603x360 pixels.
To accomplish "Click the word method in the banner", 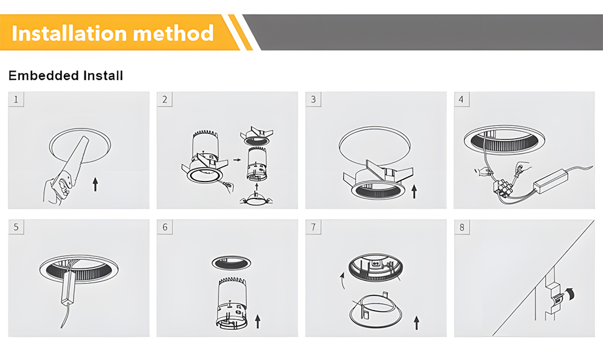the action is [173, 33].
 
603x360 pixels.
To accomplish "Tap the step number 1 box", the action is [16, 99].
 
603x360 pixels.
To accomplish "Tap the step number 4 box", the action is [461, 99].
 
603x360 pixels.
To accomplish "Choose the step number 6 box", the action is [165, 227].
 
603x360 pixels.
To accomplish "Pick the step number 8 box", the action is [462, 227].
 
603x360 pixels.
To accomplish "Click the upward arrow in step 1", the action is [95, 184].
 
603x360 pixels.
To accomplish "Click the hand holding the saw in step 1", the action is [57, 190].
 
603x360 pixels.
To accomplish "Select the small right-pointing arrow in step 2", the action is [237, 160].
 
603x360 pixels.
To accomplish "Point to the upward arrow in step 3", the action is [414, 191].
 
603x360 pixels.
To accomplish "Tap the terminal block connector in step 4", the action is [503, 188].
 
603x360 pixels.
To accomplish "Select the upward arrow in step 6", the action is [257, 321].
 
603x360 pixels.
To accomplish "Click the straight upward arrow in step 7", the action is [417, 323].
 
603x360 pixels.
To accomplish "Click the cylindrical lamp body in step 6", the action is [232, 303].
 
